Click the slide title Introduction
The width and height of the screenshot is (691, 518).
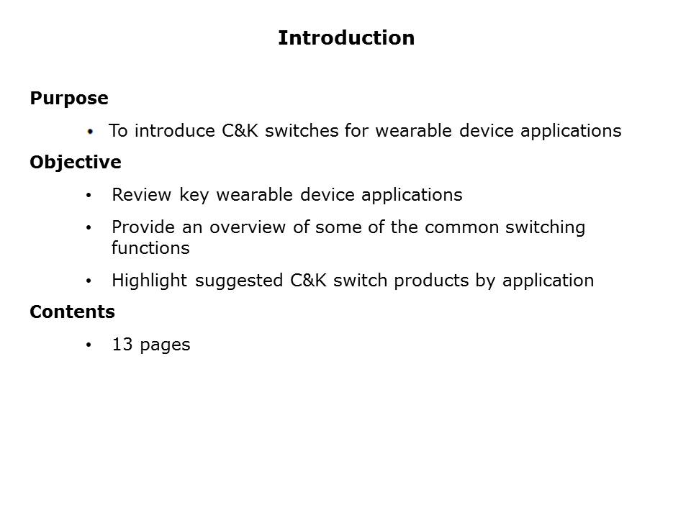coord(345,38)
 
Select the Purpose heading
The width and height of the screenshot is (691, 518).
coord(69,99)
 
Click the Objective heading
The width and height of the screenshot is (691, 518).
coord(76,163)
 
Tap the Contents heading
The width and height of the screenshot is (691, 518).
coord(72,312)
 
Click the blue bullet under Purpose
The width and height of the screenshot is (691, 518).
coord(90,132)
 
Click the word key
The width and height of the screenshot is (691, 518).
coord(194,196)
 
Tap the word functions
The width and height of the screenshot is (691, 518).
coord(150,248)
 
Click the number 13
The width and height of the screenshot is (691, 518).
coord(122,345)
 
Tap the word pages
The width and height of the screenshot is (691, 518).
coord(165,345)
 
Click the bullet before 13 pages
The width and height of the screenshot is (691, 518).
coord(89,345)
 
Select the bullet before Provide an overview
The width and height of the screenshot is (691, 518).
coord(89,228)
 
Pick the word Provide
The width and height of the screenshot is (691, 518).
coord(140,227)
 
